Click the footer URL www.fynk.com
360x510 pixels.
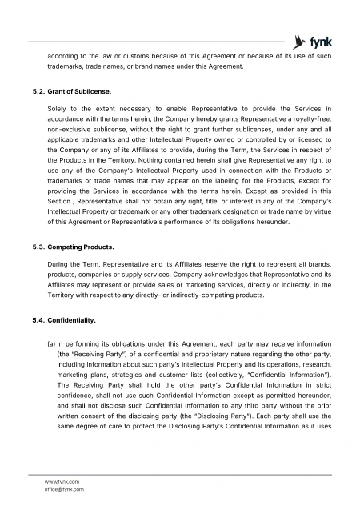tap(64, 481)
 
